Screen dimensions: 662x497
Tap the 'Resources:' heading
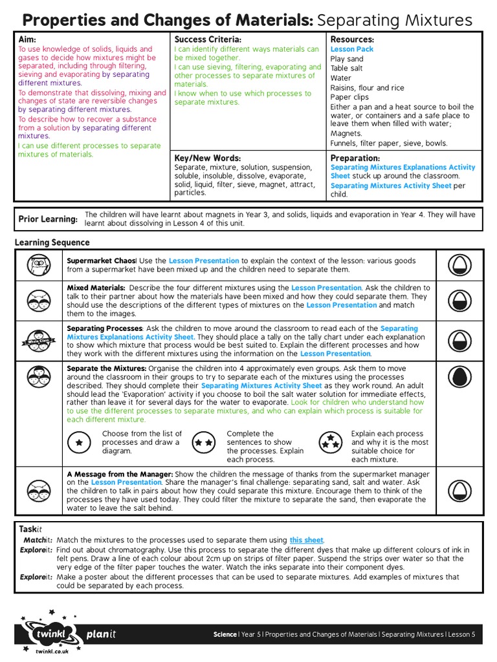click(x=352, y=40)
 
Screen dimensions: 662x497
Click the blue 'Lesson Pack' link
click(x=352, y=49)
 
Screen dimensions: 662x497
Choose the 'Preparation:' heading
click(x=355, y=158)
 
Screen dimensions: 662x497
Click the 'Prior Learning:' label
click(x=48, y=220)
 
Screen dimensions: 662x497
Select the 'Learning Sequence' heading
click(x=52, y=243)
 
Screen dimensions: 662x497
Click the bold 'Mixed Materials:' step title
click(x=96, y=288)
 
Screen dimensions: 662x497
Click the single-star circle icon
click(x=79, y=442)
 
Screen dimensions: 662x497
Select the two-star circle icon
click(x=204, y=442)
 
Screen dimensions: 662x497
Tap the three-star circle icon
click(x=330, y=442)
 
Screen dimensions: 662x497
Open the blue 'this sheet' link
click(x=306, y=540)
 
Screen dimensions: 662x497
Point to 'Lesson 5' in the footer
click(x=461, y=635)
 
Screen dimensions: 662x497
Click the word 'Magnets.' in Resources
click(x=346, y=134)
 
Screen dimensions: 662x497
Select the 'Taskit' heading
click(x=30, y=529)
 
